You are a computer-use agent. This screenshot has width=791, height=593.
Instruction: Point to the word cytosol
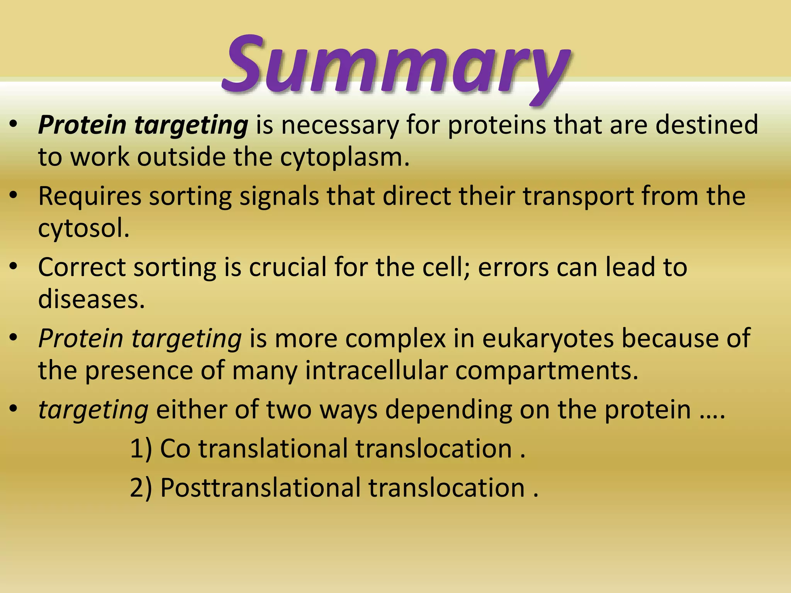(83, 229)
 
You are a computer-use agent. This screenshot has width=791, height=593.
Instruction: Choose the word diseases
(91, 299)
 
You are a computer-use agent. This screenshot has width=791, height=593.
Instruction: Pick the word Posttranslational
(260, 488)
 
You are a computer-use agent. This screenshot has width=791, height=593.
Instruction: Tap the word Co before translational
(175, 449)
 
